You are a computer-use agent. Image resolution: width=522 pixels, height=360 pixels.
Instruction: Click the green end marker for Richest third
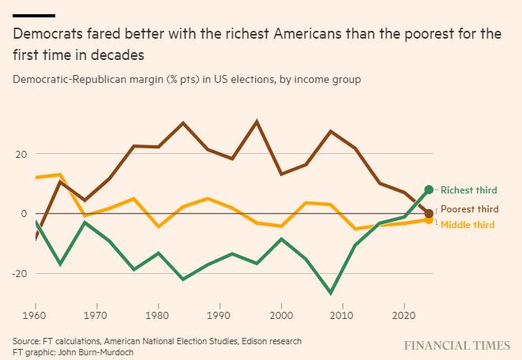click(429, 189)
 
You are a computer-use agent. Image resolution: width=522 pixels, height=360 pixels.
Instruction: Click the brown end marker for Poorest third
click(429, 213)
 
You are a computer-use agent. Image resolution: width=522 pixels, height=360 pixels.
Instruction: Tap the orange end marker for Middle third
click(429, 219)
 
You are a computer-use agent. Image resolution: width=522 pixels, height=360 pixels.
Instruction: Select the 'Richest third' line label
click(468, 190)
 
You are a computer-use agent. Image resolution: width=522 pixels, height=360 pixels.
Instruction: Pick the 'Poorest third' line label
click(469, 209)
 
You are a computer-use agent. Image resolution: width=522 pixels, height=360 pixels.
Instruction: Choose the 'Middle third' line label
click(468, 225)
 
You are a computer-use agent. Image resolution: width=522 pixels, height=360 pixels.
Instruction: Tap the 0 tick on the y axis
click(24, 213)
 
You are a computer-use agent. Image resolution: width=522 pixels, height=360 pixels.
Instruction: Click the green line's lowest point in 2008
click(330, 293)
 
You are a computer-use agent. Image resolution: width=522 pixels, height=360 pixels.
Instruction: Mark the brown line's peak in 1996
click(257, 122)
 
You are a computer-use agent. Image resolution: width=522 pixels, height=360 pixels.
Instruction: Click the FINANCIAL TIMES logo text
click(457, 346)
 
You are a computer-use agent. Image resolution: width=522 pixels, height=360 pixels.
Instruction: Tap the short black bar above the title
click(34, 15)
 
